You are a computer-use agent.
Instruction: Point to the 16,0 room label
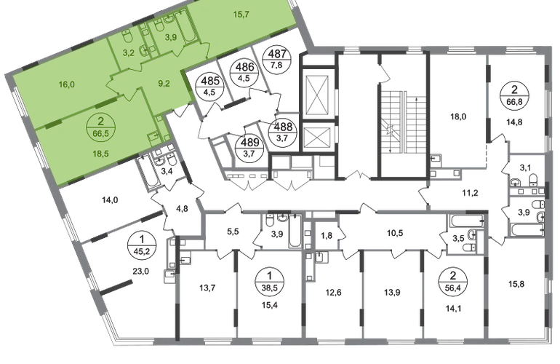(x=67, y=84)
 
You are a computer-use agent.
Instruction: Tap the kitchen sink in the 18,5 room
(x=153, y=136)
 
